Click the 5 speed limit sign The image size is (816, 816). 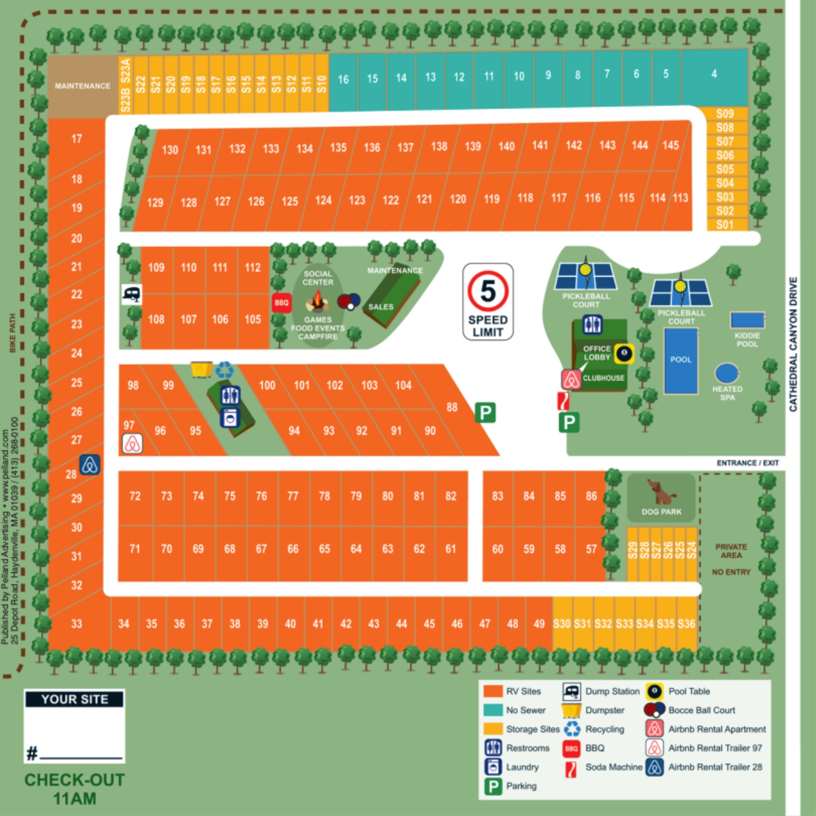click(x=488, y=302)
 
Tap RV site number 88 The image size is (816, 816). click(x=452, y=407)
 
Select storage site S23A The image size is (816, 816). click(x=126, y=70)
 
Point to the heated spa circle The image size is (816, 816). click(x=726, y=373)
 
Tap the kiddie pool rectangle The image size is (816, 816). click(x=747, y=320)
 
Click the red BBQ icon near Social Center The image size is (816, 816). click(x=281, y=303)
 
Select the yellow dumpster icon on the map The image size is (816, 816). click(x=202, y=369)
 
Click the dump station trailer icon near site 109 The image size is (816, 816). click(x=132, y=294)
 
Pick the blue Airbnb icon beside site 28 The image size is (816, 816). click(x=90, y=465)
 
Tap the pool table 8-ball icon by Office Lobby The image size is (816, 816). click(x=624, y=353)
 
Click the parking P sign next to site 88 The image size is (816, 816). click(x=485, y=412)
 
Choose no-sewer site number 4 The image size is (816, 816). click(x=714, y=75)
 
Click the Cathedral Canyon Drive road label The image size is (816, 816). click(x=793, y=344)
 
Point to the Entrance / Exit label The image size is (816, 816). click(x=747, y=463)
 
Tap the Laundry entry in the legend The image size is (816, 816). click(x=522, y=767)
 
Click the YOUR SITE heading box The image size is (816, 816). click(x=75, y=699)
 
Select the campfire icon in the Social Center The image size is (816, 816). click(x=317, y=302)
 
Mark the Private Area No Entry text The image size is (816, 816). click(x=731, y=559)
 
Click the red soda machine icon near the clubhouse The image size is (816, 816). click(x=563, y=401)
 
